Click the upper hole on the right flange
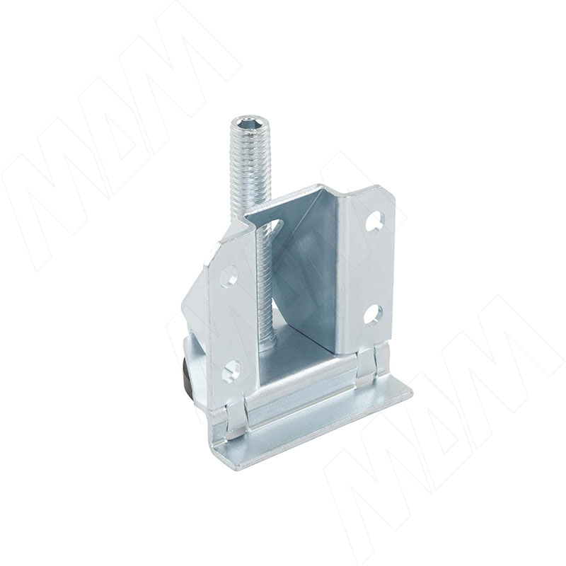[374, 221]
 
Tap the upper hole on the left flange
[229, 275]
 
